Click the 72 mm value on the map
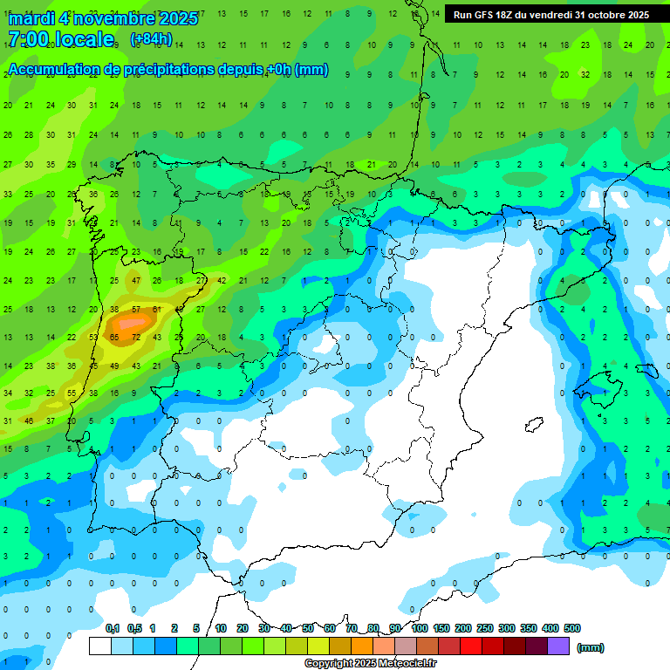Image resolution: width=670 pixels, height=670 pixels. [x=136, y=337]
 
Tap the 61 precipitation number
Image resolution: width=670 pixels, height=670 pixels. [x=157, y=310]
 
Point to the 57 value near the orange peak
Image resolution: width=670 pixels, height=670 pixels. [x=136, y=310]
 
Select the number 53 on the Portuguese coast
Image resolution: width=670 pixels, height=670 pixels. [x=93, y=337]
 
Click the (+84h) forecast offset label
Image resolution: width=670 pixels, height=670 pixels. [x=151, y=39]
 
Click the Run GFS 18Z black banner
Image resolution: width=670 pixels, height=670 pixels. [x=550, y=15]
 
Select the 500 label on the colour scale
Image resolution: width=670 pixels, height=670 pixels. [x=572, y=628]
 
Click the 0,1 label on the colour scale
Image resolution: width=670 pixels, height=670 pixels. [x=113, y=628]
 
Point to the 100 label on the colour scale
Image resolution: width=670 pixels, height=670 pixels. [x=420, y=628]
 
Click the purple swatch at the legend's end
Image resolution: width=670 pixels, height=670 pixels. [x=558, y=646]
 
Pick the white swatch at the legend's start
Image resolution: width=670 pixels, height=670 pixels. [x=100, y=646]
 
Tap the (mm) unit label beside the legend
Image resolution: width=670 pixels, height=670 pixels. [x=591, y=647]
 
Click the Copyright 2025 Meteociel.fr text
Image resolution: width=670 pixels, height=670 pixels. [x=370, y=664]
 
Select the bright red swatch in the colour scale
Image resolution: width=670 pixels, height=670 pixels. [x=471, y=646]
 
